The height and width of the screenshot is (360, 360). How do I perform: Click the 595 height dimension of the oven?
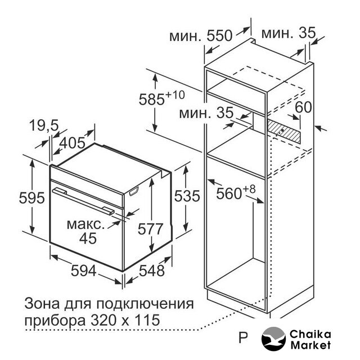31,198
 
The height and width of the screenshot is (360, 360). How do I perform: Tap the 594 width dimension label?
83,271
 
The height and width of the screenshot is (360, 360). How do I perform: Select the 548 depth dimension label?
152,271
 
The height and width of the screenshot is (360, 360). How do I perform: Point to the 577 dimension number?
150,229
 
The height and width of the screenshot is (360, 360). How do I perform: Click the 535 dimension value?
187,196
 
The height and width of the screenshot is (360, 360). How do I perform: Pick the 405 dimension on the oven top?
73,143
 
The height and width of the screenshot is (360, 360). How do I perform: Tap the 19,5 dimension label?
44,125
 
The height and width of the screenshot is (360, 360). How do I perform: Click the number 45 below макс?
88,238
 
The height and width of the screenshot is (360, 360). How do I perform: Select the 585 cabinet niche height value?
152,100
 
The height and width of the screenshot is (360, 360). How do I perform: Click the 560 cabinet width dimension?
229,194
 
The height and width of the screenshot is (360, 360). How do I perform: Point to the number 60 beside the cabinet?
304,107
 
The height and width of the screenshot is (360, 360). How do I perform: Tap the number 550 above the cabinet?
220,36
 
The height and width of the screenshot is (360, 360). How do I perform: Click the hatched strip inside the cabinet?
283,131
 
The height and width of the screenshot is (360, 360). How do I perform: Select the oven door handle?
83,201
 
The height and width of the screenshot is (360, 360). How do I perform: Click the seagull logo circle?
273,339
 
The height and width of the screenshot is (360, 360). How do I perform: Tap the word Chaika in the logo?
310,335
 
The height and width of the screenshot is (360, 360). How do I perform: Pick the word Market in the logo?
310,345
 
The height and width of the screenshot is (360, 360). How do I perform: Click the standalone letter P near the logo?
243,337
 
